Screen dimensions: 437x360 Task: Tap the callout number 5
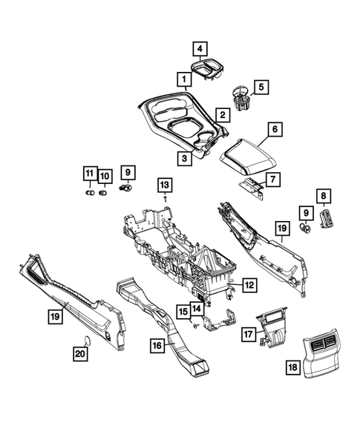[261, 88]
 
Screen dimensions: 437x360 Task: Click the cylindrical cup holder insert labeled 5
[240, 98]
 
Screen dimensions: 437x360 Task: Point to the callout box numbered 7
[272, 179]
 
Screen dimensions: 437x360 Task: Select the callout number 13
[164, 183]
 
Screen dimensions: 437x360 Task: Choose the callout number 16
[156, 345]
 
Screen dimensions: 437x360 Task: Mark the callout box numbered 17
[249, 335]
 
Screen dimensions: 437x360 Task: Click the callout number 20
[79, 355]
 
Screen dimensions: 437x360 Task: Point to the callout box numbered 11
[88, 175]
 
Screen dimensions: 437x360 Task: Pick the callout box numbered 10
[105, 175]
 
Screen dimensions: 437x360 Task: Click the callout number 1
[180, 78]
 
